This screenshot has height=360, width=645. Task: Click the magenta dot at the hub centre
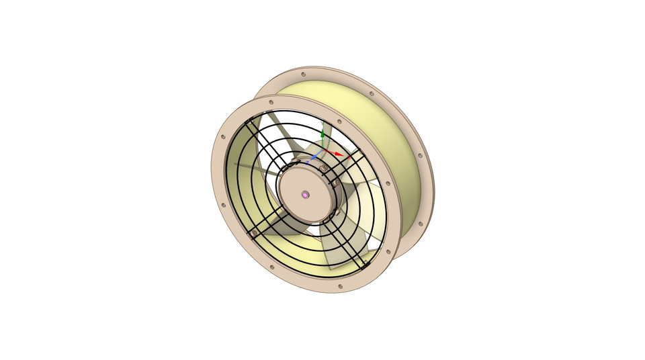tap(305, 195)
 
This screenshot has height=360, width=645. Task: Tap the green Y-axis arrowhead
tap(322, 135)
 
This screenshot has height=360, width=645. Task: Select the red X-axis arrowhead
tap(339, 155)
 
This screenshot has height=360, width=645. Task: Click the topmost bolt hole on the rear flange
tap(304, 74)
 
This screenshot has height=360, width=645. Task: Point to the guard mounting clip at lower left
tap(254, 232)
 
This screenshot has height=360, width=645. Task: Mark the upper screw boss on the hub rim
tap(324, 167)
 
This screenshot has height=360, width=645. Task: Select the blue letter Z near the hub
tap(307, 163)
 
